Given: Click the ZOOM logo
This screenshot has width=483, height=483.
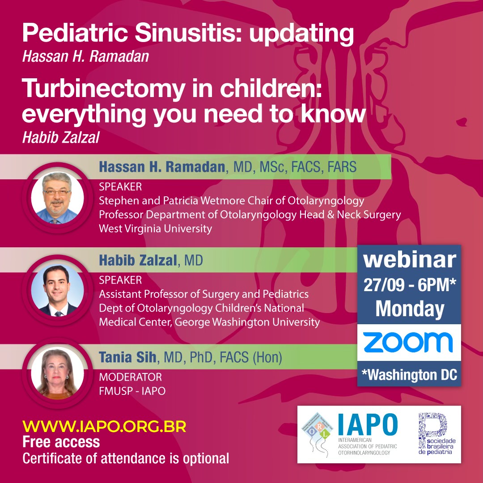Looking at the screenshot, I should pos(408,343).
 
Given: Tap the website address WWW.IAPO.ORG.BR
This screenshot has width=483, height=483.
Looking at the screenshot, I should pos(104,426).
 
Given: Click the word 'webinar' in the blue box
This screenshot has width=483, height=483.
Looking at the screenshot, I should pos(409,260).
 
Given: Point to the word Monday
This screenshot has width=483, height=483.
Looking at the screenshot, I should pos(409,309).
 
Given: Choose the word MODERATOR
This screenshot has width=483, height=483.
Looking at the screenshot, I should pos(130,377).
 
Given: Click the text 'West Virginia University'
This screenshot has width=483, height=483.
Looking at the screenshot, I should pos(155,229).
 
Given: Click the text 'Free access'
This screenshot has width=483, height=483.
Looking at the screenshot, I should pos(61,442).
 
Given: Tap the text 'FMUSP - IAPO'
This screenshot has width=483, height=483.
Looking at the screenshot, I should pos(132,391).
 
